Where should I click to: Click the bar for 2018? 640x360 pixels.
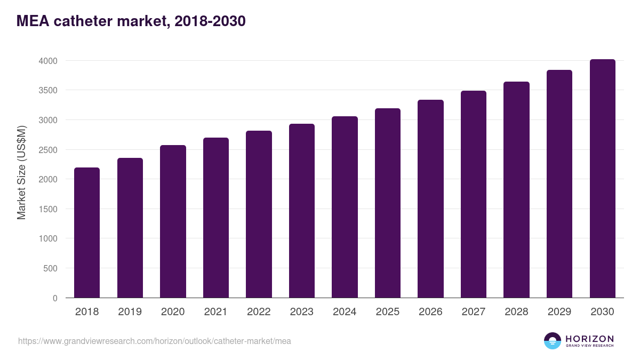[x=87, y=233]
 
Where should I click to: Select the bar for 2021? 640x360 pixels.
[x=216, y=218]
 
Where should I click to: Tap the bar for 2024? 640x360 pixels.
[x=345, y=207]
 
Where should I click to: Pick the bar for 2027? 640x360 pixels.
[x=474, y=194]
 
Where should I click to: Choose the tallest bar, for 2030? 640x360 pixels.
[x=602, y=179]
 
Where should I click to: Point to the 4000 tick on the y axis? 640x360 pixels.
[x=47, y=61]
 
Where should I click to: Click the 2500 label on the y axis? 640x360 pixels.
[x=47, y=150]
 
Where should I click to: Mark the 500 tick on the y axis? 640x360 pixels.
[x=50, y=268]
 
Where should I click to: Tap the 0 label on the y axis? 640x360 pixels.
[x=55, y=298]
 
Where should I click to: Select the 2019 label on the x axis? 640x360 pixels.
[x=130, y=312]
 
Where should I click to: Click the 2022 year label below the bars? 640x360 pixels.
[x=259, y=312]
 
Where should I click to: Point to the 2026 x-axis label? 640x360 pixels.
[x=430, y=312]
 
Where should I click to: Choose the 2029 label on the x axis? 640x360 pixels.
[x=559, y=312]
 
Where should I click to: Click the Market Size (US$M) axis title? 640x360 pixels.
[x=21, y=172]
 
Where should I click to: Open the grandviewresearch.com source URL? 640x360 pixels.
[x=155, y=341]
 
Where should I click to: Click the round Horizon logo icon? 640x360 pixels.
[x=553, y=341]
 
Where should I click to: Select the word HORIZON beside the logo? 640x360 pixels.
[x=589, y=339]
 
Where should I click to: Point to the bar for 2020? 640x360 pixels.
[x=173, y=221]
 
